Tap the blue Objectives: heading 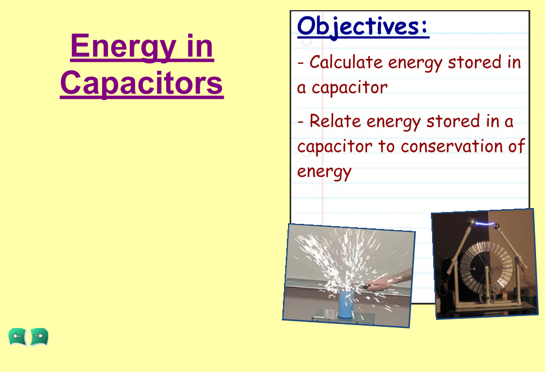click(363, 27)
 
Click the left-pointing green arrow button click(18, 336)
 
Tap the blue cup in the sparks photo click(346, 305)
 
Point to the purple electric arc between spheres click(485, 223)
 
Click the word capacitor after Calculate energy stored click(350, 87)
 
